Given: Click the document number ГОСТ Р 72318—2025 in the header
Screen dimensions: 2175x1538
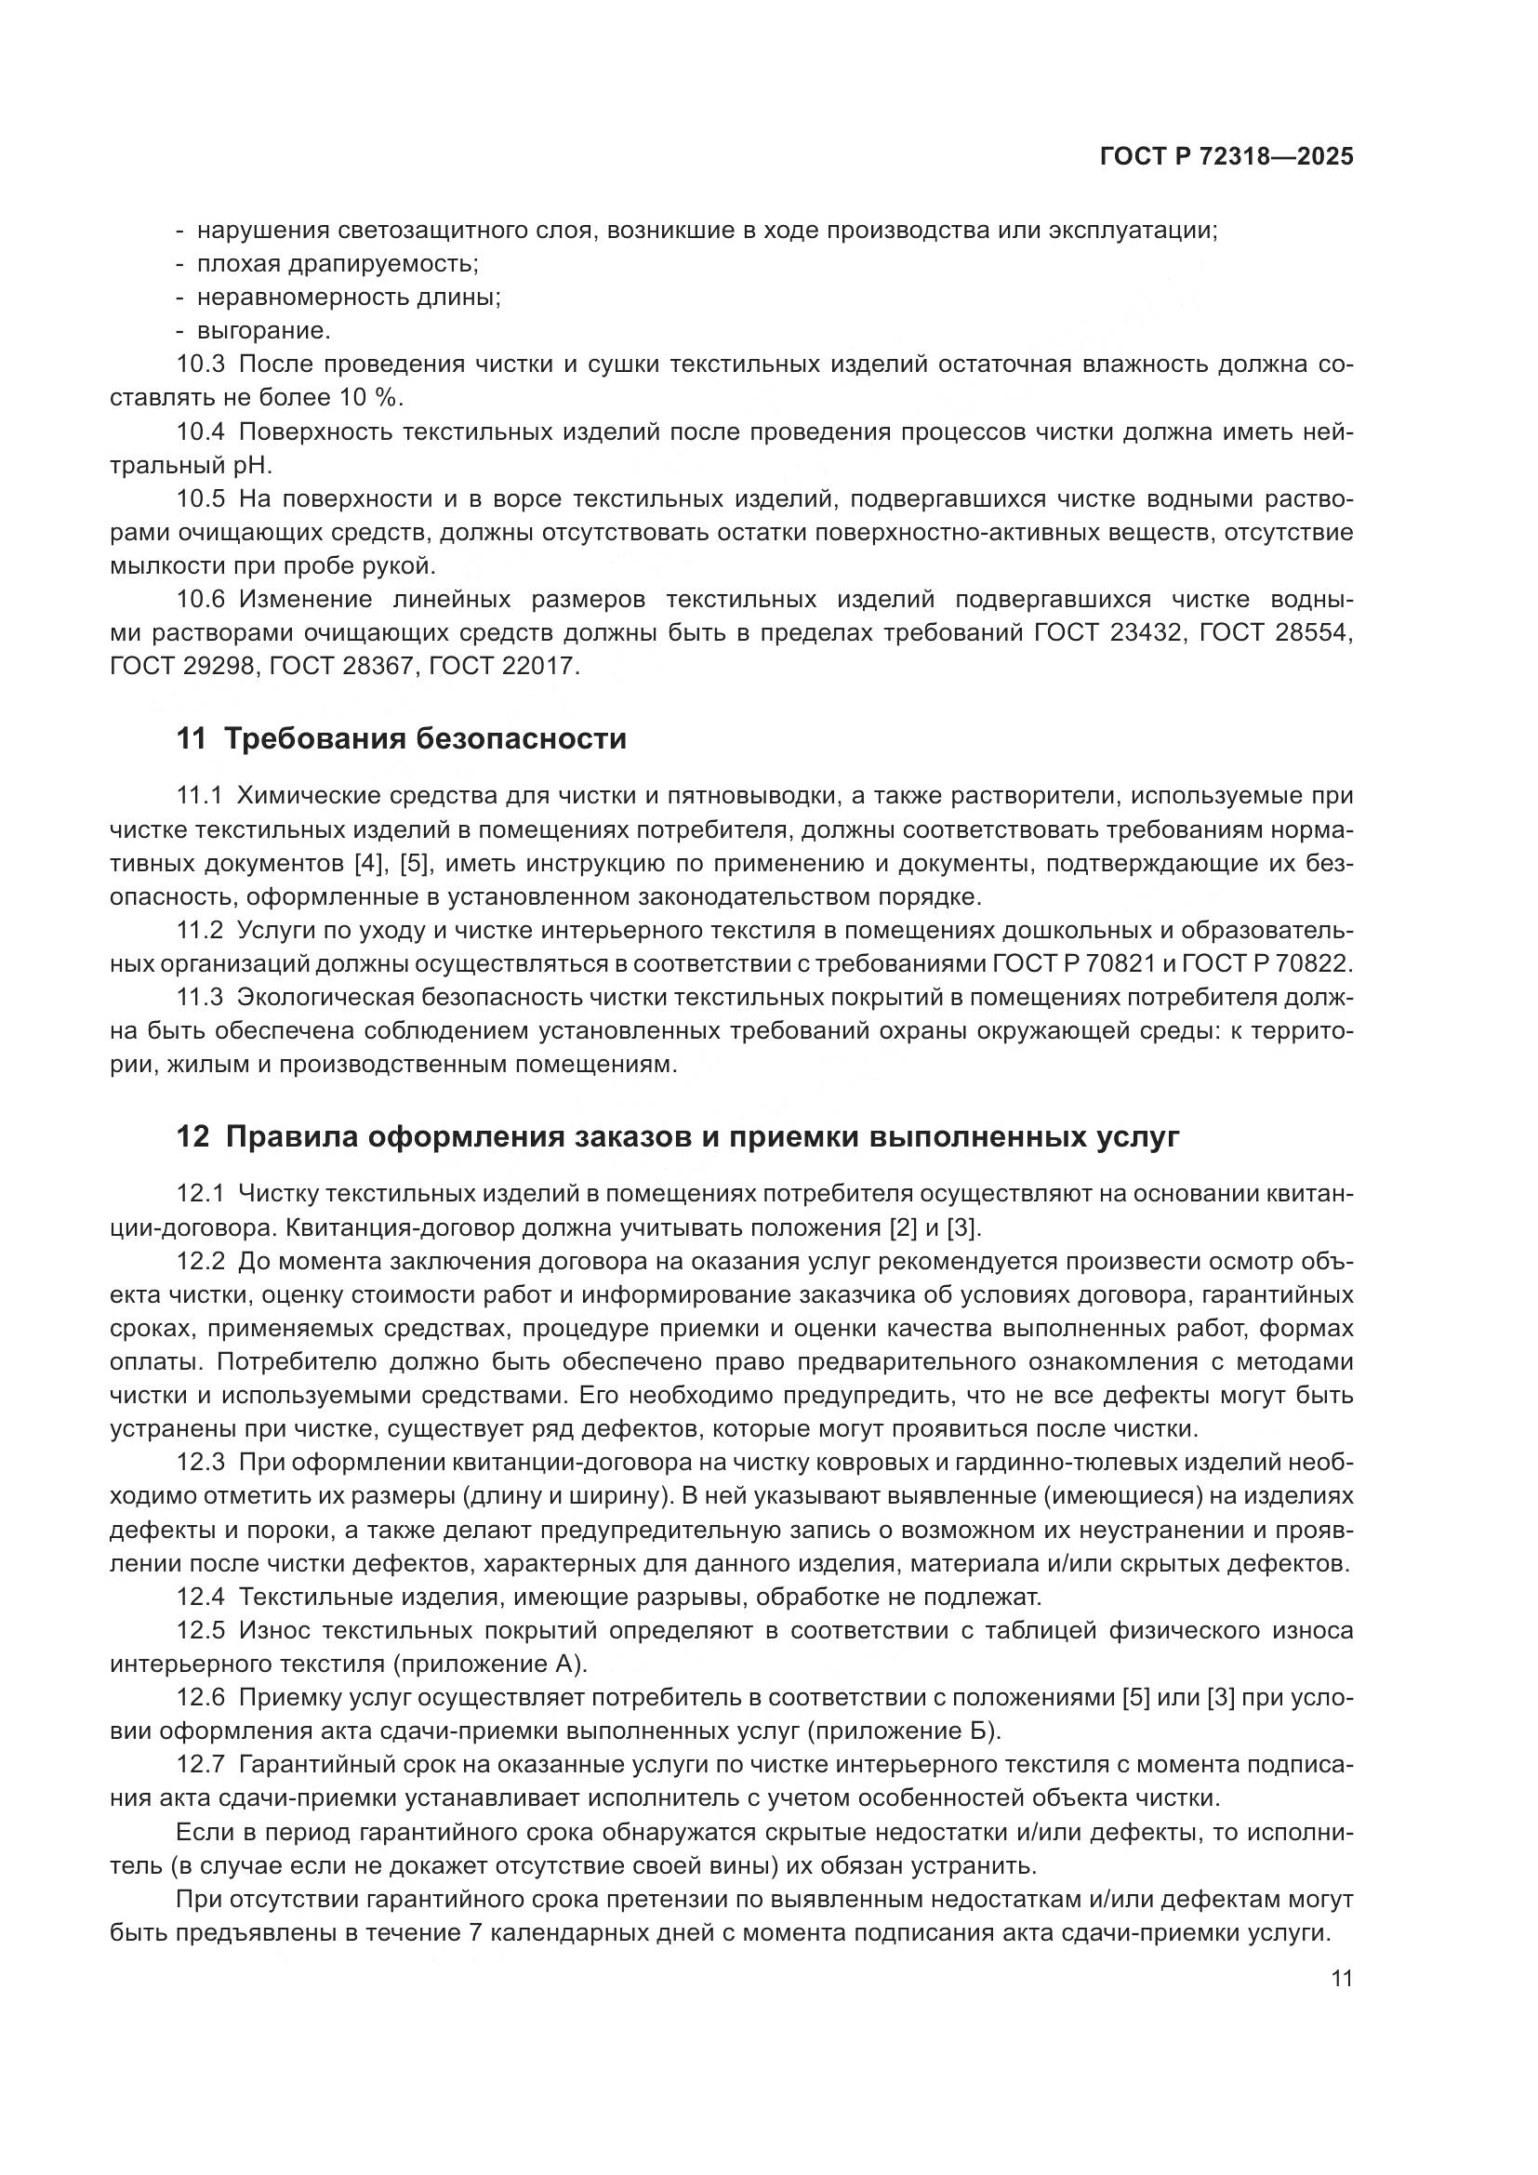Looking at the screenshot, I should pyautogui.click(x=1226, y=157).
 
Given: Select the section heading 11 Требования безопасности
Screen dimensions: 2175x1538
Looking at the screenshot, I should pyautogui.click(x=402, y=738).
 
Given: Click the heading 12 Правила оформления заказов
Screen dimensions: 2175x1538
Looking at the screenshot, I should pyautogui.click(x=678, y=1136).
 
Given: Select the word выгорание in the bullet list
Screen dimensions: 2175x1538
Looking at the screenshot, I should pyautogui.click(x=263, y=332).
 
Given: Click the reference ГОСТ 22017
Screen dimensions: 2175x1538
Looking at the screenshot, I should pyautogui.click(x=503, y=665).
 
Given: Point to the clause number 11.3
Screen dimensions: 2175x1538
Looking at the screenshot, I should pyautogui.click(x=200, y=998).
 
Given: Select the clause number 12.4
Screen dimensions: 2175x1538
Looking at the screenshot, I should pyautogui.click(x=200, y=1597).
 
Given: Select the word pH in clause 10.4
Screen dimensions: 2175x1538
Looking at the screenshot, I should pyautogui.click(x=253, y=464).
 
